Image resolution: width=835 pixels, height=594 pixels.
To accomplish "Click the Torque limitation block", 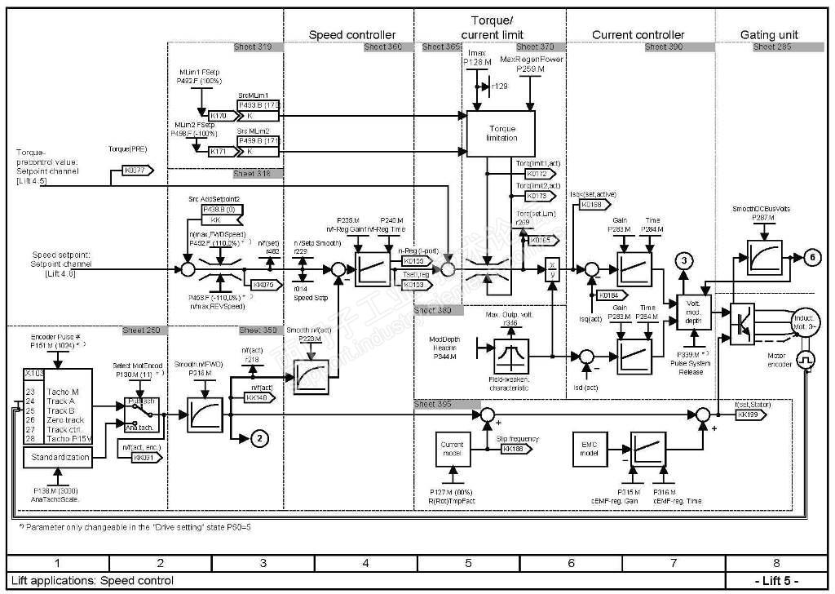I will click(x=501, y=133).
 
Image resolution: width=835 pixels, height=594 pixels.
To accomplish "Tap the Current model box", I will click(x=452, y=449).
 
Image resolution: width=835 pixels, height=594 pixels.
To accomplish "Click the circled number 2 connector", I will click(x=258, y=438).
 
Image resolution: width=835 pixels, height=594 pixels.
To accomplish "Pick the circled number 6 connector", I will click(x=812, y=256).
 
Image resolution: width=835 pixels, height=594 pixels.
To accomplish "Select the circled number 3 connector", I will click(x=684, y=260).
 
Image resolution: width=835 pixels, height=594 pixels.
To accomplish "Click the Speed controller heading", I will click(x=351, y=34).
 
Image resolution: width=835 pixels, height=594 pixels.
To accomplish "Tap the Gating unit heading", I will click(x=769, y=34).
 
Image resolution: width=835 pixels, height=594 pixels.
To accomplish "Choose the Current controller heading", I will click(x=638, y=34).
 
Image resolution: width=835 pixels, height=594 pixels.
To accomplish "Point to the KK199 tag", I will click(x=750, y=414).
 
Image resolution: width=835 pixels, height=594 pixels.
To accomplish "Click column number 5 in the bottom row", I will click(x=467, y=563).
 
